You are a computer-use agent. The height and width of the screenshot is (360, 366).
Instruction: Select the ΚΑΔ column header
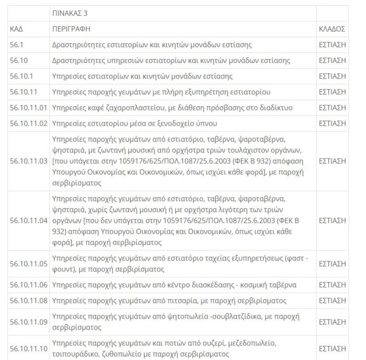coord(16,29)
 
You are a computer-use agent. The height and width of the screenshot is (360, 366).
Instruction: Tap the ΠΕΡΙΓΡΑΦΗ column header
coord(71,29)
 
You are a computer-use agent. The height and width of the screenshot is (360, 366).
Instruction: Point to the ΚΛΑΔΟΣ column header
coord(332,29)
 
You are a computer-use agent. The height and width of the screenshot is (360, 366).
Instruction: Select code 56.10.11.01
coord(29,108)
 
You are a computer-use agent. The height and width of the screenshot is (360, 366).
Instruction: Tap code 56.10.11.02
coord(29,123)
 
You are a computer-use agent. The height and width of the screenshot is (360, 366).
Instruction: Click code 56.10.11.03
coord(29,161)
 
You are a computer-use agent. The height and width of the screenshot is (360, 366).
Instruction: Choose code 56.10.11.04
coord(29,220)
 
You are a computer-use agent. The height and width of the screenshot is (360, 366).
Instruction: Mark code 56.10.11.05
coord(29,263)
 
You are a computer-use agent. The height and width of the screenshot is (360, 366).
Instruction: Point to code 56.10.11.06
coord(29,285)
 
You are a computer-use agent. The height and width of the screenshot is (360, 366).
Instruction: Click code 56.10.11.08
coord(29,300)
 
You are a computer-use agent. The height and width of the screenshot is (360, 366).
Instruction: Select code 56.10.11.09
coord(29,322)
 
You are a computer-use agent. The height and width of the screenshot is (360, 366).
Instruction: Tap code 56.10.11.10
coord(29,349)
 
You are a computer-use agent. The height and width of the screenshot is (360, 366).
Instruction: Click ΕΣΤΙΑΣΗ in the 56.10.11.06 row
coord(332,285)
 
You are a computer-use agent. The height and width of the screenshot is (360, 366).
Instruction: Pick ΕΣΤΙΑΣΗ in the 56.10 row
coord(332,60)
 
